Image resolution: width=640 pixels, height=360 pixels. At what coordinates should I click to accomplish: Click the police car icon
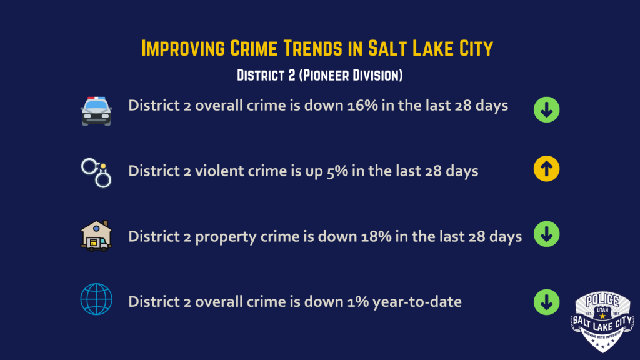click(96, 111)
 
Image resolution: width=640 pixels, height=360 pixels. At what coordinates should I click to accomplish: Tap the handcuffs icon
click(96, 172)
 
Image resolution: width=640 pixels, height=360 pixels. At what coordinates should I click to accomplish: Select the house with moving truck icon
click(96, 236)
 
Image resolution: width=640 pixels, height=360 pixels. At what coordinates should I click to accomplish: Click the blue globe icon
click(96, 299)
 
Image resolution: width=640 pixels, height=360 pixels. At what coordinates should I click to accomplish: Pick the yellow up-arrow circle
click(546, 169)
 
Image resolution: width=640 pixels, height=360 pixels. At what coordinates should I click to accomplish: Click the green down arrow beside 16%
click(546, 109)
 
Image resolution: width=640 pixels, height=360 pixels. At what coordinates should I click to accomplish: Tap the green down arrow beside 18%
click(546, 234)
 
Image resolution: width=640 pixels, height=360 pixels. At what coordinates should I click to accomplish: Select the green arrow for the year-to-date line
click(546, 302)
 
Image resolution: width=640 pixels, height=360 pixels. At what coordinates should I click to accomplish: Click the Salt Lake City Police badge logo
click(602, 322)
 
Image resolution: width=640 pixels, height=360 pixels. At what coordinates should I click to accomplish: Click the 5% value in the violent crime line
click(337, 171)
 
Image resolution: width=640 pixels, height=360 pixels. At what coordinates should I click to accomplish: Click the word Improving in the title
click(183, 48)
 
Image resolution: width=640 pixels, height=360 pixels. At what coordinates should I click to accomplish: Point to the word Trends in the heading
click(312, 48)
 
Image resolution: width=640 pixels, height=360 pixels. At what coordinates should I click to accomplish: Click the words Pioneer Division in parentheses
click(351, 75)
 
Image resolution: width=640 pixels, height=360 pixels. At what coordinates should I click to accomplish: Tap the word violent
click(219, 171)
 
